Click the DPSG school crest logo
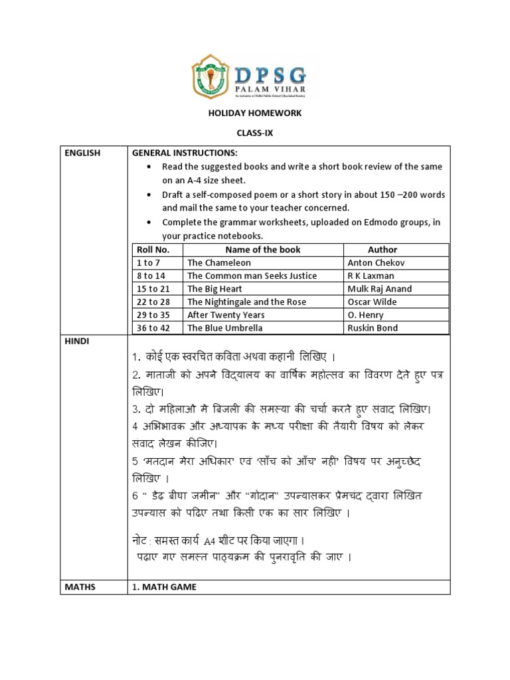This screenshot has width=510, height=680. [209, 76]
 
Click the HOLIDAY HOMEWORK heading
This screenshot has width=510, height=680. [255, 113]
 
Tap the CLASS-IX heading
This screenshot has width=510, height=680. [255, 133]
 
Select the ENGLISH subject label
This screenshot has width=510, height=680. [83, 153]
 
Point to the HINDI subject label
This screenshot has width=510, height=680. [77, 341]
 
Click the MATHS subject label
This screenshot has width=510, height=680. [80, 586]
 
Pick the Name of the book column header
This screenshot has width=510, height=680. [263, 250]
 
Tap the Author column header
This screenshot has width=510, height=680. [382, 250]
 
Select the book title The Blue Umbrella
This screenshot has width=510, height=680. [225, 328]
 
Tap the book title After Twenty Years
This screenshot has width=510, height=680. [226, 315]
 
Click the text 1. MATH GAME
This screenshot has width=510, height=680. [165, 586]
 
